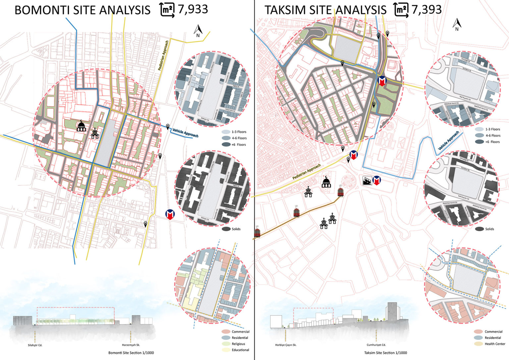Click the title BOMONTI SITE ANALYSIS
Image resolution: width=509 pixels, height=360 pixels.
pos(82,10)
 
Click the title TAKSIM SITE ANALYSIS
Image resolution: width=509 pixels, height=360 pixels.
pos(325,10)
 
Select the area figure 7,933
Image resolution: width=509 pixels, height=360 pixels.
pos(193,9)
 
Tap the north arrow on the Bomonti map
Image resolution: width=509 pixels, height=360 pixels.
pos(198,31)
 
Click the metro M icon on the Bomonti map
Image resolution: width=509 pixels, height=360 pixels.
pos(170,214)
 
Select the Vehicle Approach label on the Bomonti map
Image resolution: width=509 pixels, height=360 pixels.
pos(185,133)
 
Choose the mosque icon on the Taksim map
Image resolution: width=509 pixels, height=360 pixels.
pos(326,182)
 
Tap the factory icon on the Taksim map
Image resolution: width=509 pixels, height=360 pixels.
pos(367,181)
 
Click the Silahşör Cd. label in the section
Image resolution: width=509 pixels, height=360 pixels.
pos(35,345)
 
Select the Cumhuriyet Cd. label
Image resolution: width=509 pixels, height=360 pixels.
pos(376,345)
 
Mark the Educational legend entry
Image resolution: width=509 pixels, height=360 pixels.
pos(240,350)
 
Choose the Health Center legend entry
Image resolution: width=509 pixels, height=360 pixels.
pos(495,344)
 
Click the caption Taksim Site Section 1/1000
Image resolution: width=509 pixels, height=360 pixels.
pos(385,353)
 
